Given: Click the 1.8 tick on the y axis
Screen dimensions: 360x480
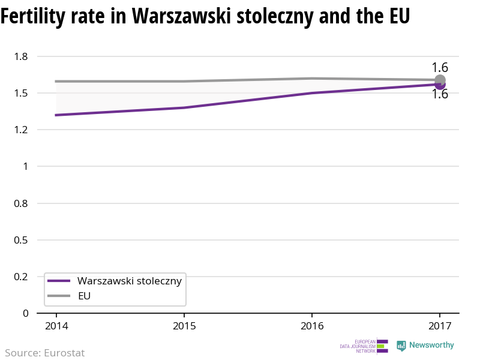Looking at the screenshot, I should pos(22,56).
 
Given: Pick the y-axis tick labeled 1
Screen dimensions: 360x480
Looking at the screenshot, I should pos(26,166).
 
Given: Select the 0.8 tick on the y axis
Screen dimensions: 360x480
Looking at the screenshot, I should pos(22,203).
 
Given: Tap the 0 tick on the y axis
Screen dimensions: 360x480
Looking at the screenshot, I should pos(26,313).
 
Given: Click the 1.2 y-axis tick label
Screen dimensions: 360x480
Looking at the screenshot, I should pos(22,130).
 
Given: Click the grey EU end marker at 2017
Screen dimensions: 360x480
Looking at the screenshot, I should pos(440,80).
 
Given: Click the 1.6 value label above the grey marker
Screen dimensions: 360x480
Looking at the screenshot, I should pos(440,68).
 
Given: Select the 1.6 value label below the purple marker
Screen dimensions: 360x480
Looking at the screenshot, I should pos(440,94).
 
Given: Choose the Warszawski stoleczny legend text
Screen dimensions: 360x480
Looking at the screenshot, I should pos(130,281).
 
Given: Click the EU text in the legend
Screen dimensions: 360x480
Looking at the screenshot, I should pos(85,296).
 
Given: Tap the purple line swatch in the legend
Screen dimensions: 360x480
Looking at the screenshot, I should pos(59,281).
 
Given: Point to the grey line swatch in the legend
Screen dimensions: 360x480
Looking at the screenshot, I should pos(59,296).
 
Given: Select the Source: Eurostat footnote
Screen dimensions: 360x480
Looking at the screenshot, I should pos(45,353).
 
